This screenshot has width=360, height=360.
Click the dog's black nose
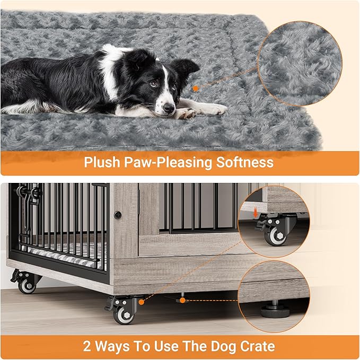(x=169, y=109)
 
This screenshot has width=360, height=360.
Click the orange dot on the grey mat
(x=195, y=89)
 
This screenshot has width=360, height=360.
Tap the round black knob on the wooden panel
(x=118, y=215)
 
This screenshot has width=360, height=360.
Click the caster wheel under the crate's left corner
(x=25, y=284)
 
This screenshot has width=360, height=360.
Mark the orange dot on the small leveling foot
(x=182, y=300)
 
